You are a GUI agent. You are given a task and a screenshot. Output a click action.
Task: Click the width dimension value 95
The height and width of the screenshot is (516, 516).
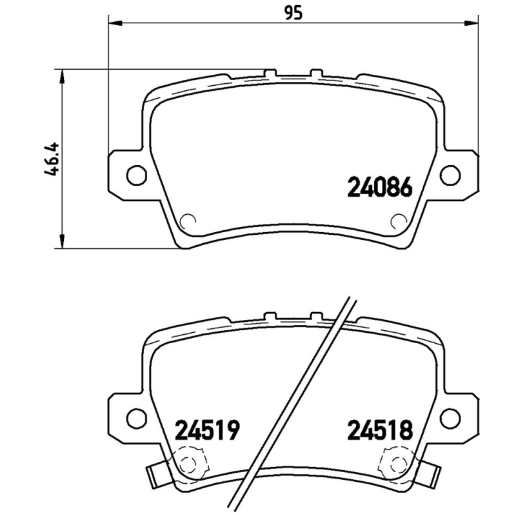(293, 13)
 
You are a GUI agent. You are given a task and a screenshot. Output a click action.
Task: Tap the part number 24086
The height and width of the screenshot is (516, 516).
(380, 187)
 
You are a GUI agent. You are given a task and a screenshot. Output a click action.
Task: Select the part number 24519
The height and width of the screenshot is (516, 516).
(206, 430)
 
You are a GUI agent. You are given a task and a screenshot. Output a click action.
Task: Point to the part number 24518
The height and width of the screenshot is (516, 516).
(380, 430)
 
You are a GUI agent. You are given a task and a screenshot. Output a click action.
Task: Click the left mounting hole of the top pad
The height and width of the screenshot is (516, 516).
(136, 175)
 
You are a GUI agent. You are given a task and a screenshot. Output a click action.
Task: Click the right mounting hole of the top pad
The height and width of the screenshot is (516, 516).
(450, 175)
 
